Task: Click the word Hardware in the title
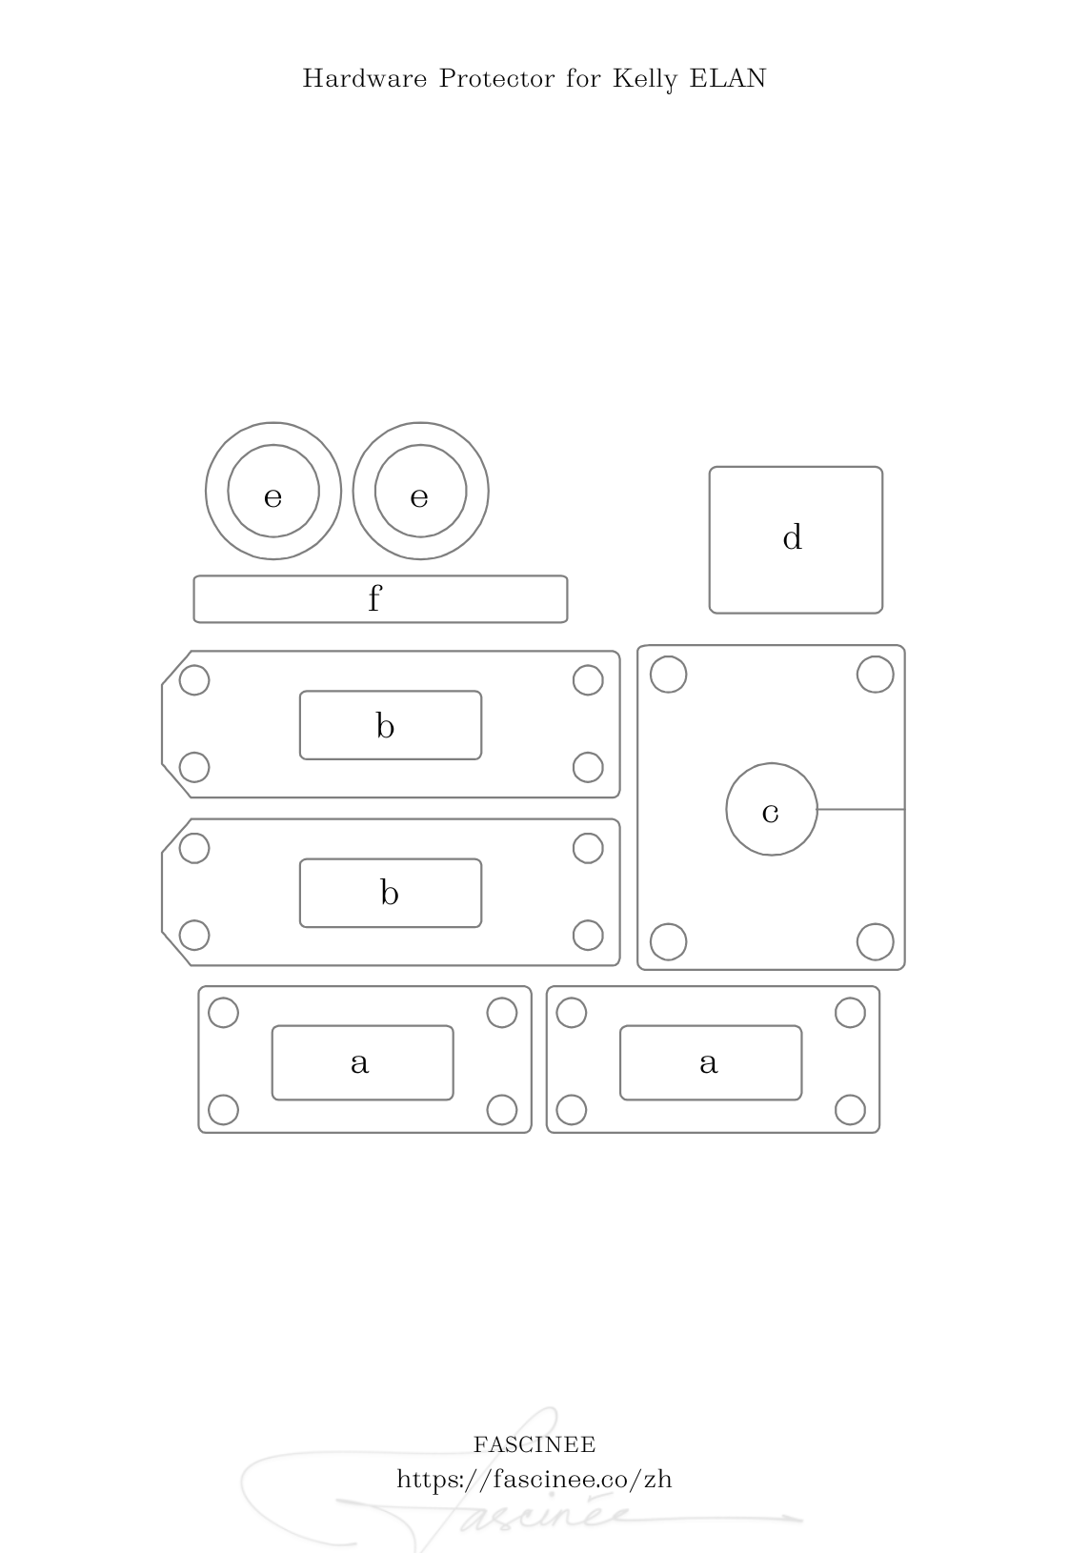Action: [365, 78]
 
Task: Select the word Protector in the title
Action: [497, 78]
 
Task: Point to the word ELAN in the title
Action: [727, 78]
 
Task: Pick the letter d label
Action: [793, 536]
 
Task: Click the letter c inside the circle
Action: [770, 813]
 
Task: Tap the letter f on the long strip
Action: [374, 597]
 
